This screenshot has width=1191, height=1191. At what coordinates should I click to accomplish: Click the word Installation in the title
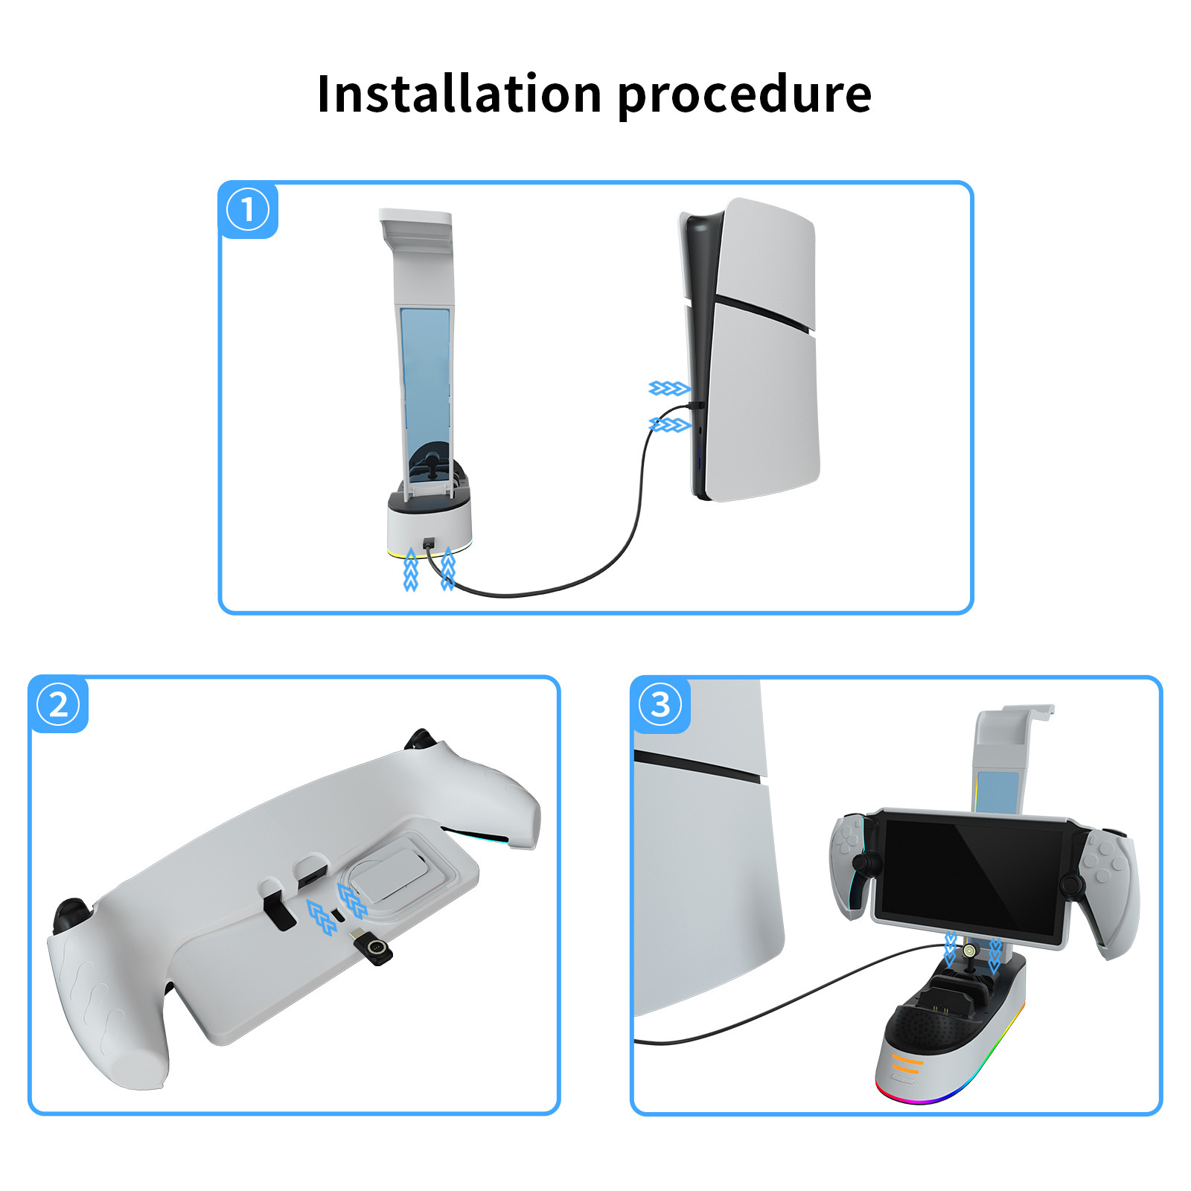459,94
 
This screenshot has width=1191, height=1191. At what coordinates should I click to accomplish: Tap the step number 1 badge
248,210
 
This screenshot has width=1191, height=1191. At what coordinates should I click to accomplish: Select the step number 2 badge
58,704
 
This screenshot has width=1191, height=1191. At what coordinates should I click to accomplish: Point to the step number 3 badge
660,704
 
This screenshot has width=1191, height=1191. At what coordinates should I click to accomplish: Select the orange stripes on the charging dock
907,1062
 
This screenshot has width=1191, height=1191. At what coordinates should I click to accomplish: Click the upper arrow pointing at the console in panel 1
669,389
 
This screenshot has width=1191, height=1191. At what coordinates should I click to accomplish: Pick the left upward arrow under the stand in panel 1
410,570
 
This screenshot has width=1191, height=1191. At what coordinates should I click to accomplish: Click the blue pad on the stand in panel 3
998,792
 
